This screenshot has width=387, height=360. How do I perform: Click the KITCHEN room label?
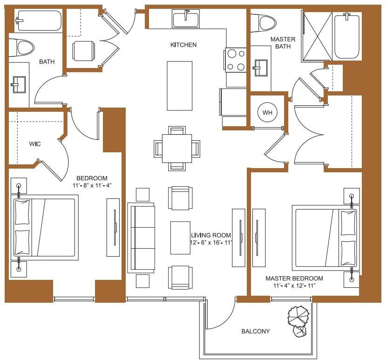click(x=183, y=45)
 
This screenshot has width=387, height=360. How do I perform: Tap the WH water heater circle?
click(x=267, y=113)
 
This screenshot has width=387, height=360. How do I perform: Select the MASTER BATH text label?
click(x=283, y=43)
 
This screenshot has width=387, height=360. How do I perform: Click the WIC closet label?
click(x=35, y=144)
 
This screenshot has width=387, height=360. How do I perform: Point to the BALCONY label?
click(x=255, y=332)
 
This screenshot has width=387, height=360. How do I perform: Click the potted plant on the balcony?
click(x=298, y=320)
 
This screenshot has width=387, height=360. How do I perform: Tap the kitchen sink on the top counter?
click(x=185, y=20)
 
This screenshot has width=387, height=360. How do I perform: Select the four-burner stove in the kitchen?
click(x=236, y=60)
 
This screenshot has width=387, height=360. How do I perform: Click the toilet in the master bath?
click(x=263, y=22)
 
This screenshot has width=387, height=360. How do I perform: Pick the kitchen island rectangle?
click(x=180, y=86)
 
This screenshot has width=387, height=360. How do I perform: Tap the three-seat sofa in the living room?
click(x=141, y=237)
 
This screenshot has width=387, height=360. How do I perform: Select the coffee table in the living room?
click(x=180, y=238)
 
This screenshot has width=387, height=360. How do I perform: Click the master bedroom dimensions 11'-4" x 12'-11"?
click(x=294, y=285)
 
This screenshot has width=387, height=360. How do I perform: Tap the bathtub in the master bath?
click(x=346, y=36)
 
